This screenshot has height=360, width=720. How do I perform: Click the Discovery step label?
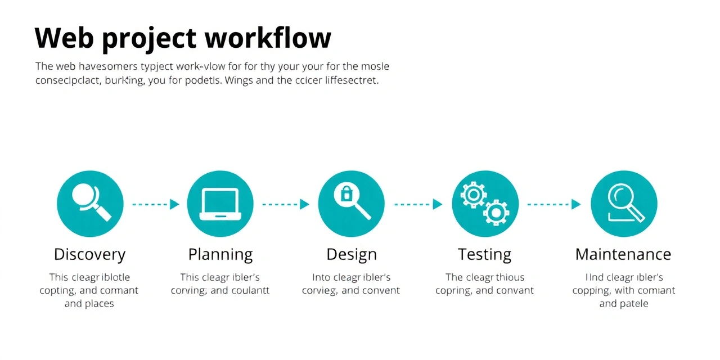(89, 254)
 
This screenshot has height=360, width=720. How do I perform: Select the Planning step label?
(220, 254)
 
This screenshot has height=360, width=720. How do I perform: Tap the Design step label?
(351, 254)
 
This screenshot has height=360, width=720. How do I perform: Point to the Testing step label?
(484, 254)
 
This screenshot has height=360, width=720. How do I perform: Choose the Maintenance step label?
(623, 254)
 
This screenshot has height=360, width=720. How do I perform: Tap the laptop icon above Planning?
(220, 204)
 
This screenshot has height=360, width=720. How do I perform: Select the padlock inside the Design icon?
(345, 195)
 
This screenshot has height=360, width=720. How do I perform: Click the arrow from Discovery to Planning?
(155, 204)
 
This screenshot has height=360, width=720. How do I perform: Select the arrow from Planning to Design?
(286, 204)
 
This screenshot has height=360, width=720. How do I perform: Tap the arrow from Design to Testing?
(418, 204)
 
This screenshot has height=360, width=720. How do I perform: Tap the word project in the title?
(149, 39)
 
